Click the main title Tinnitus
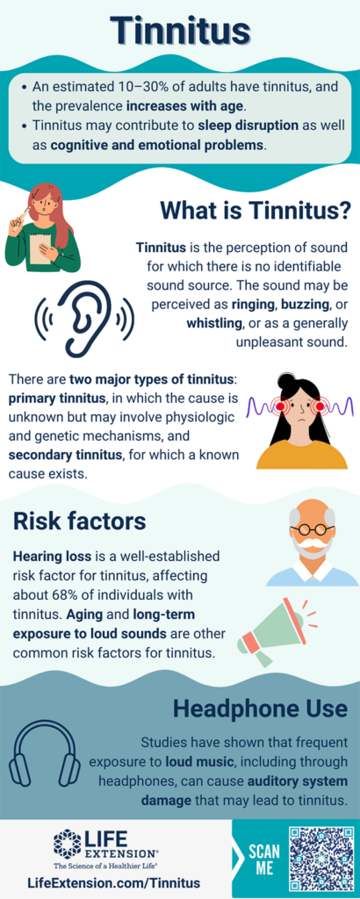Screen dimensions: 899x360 point(180,32)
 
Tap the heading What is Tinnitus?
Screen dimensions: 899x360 point(256,212)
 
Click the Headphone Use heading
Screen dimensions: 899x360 point(261,708)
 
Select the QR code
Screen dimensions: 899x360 point(320,858)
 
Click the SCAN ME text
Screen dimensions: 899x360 point(264,859)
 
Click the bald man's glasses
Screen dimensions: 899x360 point(312,530)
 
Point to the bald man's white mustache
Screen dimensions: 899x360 point(311,550)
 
